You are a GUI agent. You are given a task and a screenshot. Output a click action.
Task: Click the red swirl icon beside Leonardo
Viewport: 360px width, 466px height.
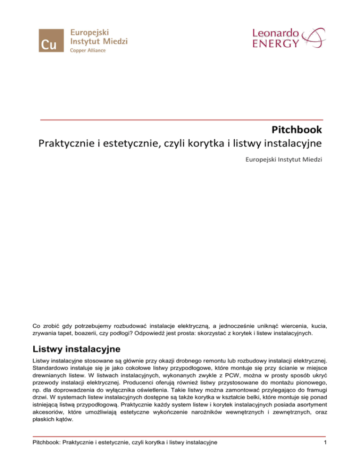point(313,38)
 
